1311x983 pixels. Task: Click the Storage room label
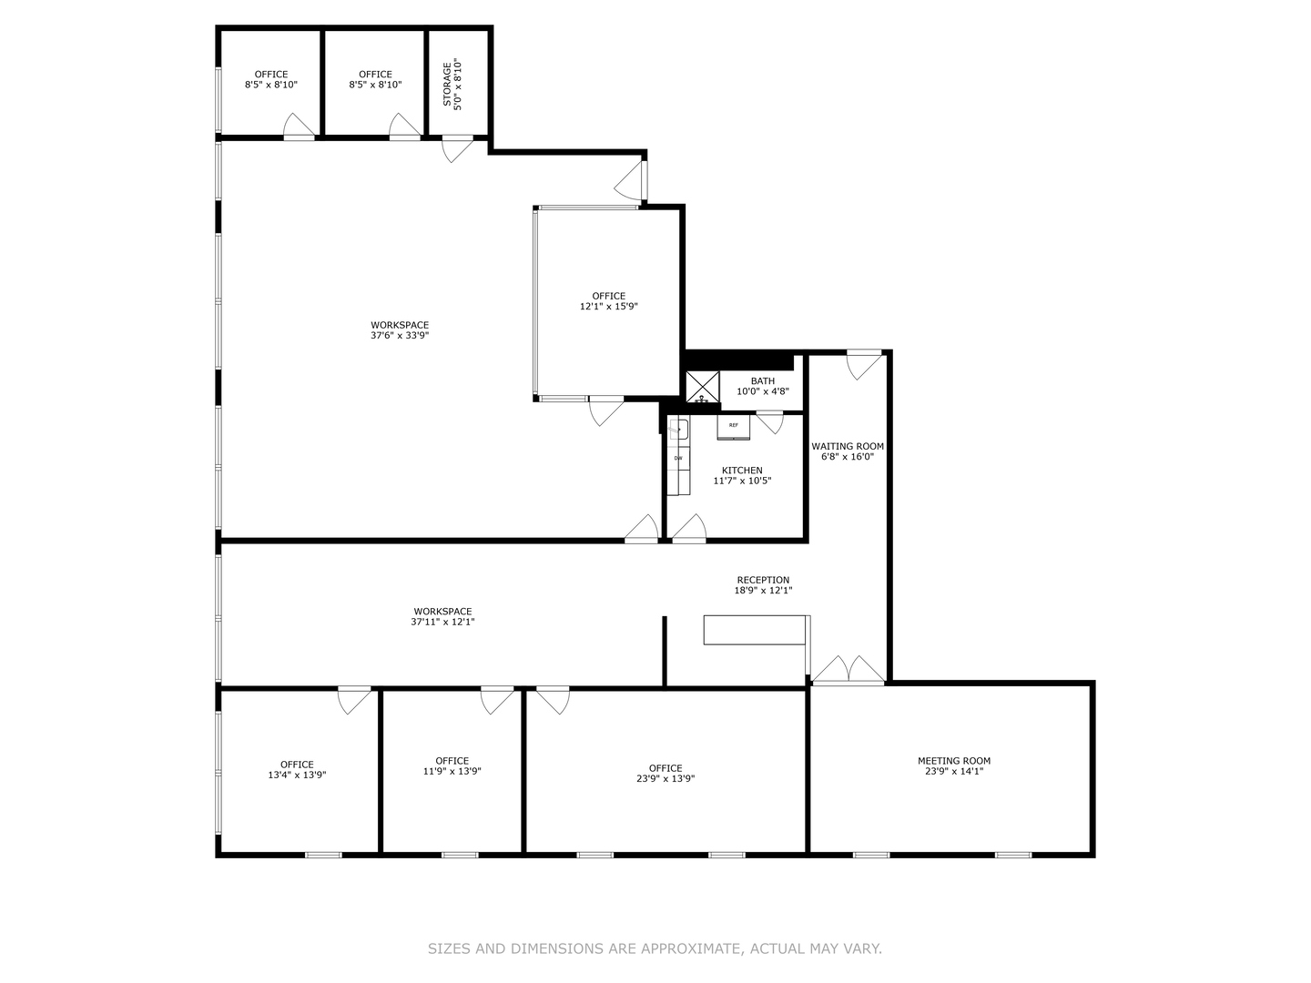pos(452,84)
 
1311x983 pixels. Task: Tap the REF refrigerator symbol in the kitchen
pos(733,426)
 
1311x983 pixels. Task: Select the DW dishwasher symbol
pos(678,459)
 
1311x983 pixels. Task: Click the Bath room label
pos(763,386)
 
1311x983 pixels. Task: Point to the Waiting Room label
pos(848,451)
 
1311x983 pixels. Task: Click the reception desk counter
pos(755,630)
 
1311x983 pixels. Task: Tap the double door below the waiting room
pos(849,670)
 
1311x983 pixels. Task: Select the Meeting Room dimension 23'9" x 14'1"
pos(954,772)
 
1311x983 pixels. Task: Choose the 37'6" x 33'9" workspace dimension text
pos(400,336)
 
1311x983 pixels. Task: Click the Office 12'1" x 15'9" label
pos(608,301)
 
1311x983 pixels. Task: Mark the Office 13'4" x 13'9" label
pos(297,770)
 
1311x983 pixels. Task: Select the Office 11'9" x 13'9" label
pos(452,765)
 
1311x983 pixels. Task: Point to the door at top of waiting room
pos(864,364)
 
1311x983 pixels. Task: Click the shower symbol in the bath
pos(702,387)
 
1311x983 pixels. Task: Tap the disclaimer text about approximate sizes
pos(655,948)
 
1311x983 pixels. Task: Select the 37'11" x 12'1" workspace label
pos(442,617)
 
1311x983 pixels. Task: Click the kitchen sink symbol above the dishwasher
pos(678,431)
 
